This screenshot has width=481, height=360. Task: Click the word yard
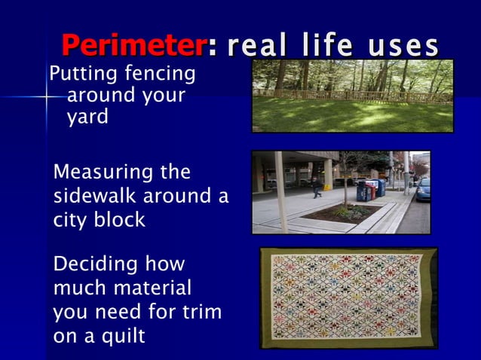click(x=87, y=118)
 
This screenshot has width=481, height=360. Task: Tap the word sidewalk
click(x=96, y=198)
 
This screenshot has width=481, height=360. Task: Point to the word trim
click(x=201, y=313)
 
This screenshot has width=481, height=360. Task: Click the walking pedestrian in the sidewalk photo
click(x=316, y=186)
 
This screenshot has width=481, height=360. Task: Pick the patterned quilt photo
click(x=348, y=297)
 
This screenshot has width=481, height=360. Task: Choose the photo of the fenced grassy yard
click(x=352, y=96)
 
